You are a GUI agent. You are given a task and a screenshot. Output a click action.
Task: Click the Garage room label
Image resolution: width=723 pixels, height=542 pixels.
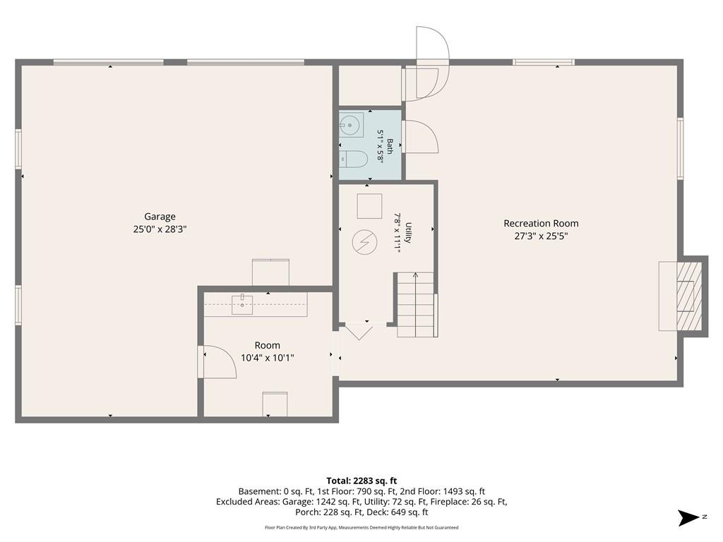pyautogui.click(x=160, y=216)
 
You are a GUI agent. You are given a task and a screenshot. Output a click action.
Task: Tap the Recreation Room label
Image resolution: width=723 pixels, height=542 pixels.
pyautogui.click(x=541, y=224)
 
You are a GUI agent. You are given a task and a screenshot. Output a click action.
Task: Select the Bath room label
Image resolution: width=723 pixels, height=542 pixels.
pyautogui.click(x=390, y=146)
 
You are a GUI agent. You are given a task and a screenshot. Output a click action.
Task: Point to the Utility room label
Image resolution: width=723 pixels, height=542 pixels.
pyautogui.click(x=408, y=233)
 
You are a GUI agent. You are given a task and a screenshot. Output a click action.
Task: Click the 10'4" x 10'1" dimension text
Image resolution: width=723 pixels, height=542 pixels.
pyautogui.click(x=268, y=358)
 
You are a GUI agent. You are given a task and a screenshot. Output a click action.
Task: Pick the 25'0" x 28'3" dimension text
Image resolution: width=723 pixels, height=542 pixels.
pyautogui.click(x=160, y=229)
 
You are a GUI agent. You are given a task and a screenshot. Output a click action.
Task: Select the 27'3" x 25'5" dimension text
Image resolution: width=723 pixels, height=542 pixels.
pyautogui.click(x=541, y=236)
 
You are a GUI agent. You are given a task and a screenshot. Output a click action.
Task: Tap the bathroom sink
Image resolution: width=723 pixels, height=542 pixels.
pyautogui.click(x=351, y=124)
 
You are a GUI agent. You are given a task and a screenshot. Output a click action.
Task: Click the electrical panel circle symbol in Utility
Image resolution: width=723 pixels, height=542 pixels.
pyautogui.click(x=364, y=242)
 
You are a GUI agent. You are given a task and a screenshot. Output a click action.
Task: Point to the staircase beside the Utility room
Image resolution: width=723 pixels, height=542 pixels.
pyautogui.click(x=415, y=305)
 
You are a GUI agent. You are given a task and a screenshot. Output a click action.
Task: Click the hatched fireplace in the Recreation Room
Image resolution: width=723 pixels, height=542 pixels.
pyautogui.click(x=689, y=296)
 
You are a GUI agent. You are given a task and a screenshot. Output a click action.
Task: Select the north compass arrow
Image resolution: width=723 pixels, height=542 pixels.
pyautogui.click(x=688, y=517)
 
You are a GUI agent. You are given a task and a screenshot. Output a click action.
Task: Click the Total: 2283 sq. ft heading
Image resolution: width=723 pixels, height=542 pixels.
pyautogui.click(x=361, y=481)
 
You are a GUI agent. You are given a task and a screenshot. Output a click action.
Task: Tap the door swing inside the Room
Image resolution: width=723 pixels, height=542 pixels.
pyautogui.click(x=220, y=362)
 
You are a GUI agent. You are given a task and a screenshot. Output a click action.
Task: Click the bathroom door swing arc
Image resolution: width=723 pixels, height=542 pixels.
pyautogui.click(x=422, y=136)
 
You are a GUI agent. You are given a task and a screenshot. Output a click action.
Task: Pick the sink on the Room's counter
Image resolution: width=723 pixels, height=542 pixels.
pyautogui.click(x=242, y=305)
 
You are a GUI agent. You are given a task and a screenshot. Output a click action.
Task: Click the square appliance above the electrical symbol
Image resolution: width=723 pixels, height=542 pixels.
pyautogui.click(x=369, y=206)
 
